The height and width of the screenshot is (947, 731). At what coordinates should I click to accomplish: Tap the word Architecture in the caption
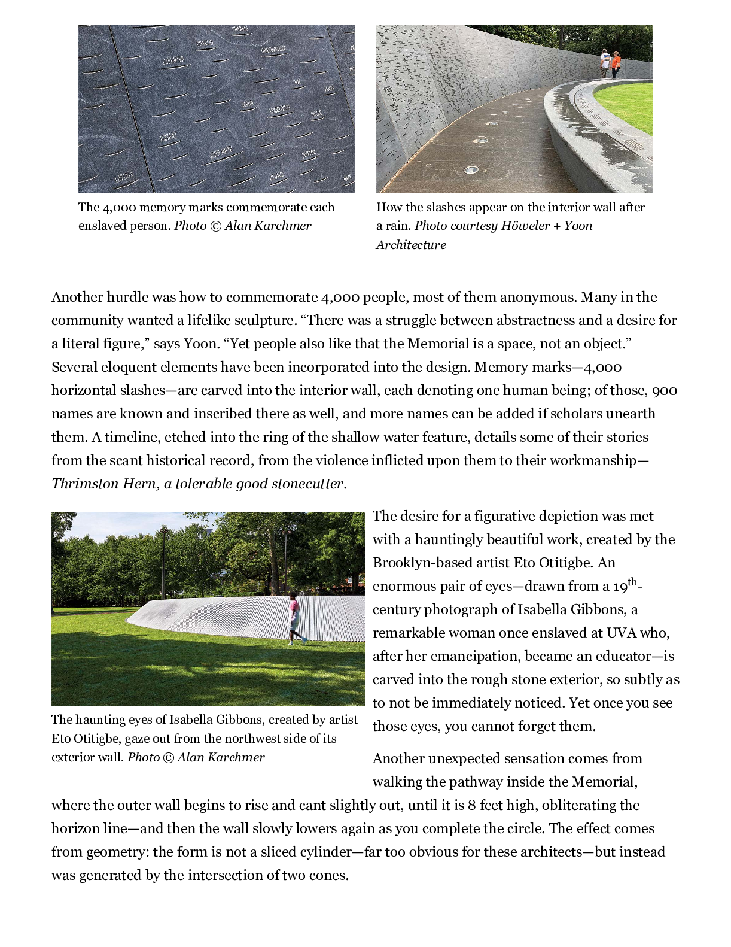411,245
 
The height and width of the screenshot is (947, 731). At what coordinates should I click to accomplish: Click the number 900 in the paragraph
664,390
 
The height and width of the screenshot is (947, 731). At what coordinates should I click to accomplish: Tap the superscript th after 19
632,581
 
